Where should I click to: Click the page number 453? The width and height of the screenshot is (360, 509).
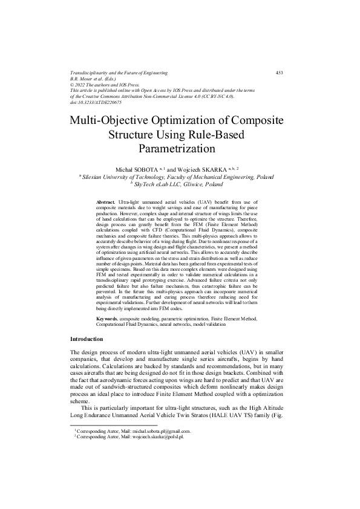tap(279, 73)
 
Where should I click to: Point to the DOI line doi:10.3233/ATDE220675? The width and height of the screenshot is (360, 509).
tap(96, 103)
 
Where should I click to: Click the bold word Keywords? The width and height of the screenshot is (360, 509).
tap(107, 317)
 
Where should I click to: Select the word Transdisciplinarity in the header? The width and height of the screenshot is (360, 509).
tap(93, 73)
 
